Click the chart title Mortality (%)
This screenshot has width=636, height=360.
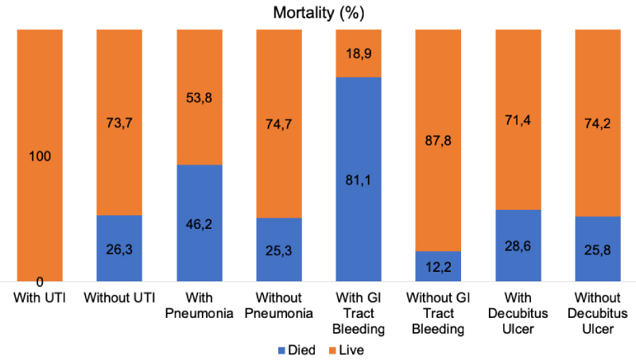317,13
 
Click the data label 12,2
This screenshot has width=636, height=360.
436,267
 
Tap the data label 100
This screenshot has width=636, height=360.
39,156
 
